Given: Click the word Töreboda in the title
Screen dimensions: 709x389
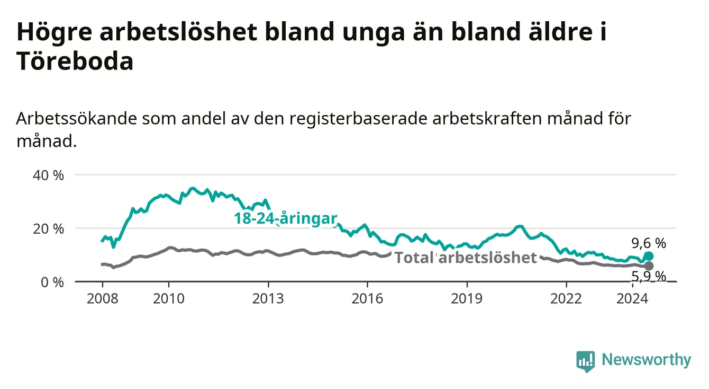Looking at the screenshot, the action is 75,61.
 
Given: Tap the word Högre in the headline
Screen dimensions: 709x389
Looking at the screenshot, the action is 54,32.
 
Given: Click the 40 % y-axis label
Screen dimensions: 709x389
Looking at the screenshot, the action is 48,175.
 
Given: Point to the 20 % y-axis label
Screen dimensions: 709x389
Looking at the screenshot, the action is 48,229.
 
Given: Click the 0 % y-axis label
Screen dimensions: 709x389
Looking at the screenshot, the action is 52,282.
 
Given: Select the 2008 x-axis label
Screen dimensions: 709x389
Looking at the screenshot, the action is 102,299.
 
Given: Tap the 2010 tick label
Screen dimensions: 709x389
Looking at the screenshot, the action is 168,299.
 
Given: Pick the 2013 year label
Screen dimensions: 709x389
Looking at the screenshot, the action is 268,299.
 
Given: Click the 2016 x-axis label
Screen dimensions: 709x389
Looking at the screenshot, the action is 367,299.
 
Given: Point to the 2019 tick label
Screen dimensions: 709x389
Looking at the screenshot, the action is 467,299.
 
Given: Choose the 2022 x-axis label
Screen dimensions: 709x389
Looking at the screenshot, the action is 566,299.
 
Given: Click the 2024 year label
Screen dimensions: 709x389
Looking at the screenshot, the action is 632,299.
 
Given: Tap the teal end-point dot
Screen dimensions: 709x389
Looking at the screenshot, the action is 649,256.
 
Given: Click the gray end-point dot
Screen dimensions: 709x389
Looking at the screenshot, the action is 649,266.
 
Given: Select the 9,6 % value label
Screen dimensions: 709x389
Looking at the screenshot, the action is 649,243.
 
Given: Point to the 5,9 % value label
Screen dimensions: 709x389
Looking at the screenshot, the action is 649,277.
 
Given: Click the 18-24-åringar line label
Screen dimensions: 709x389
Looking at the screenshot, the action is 286,219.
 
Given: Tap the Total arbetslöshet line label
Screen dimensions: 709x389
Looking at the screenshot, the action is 466,258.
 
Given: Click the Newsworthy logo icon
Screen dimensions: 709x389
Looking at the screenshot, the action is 586,361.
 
